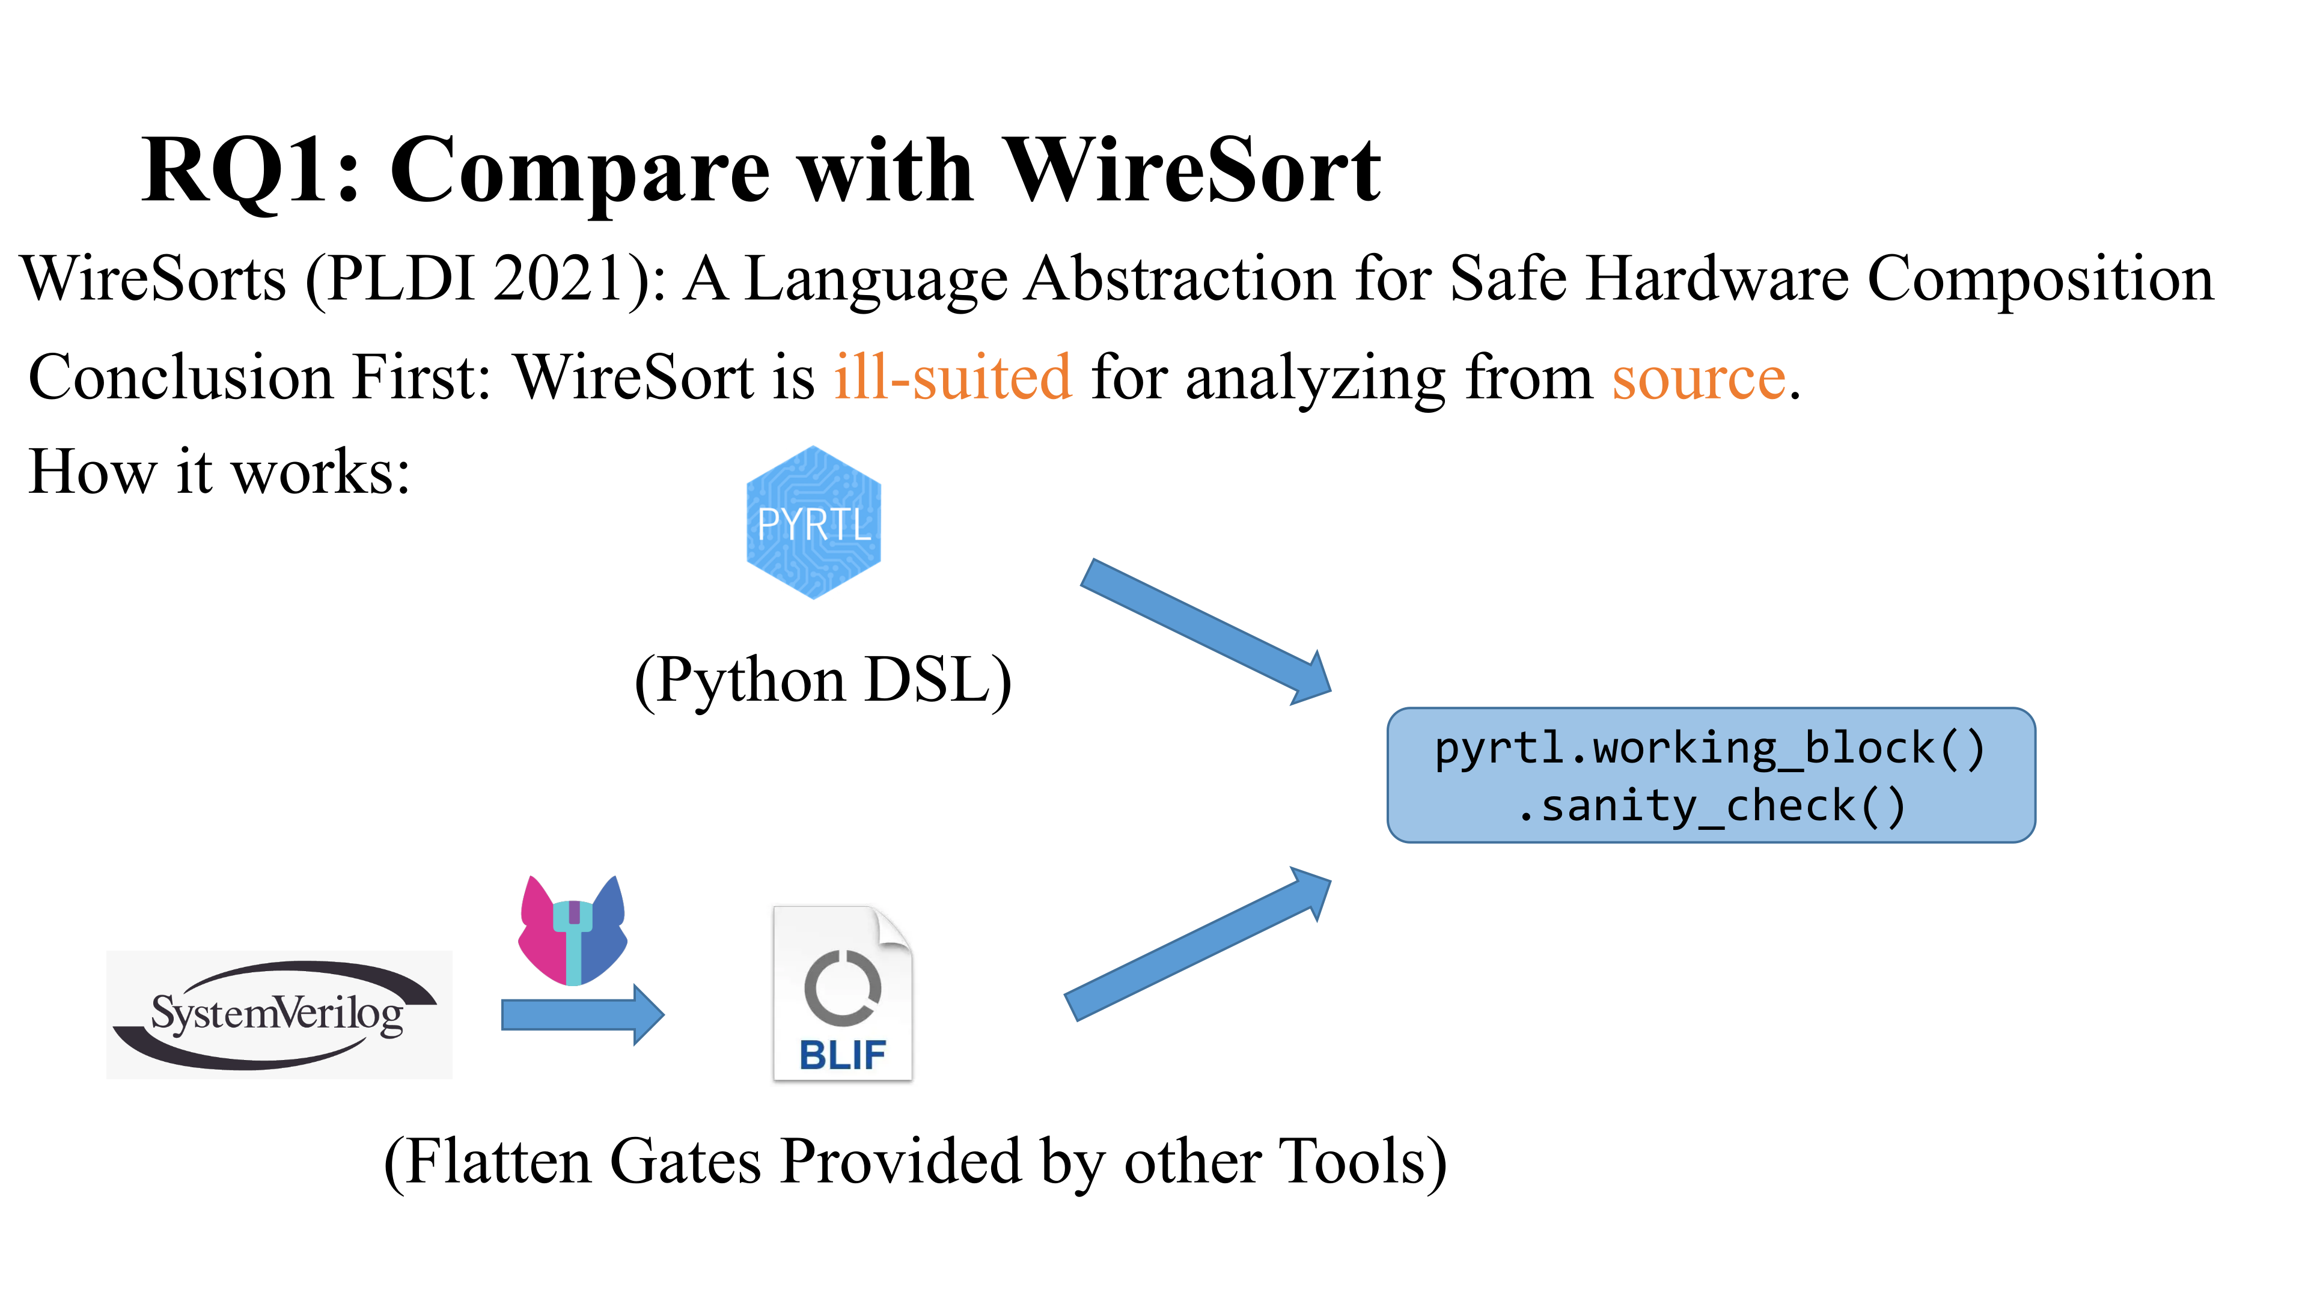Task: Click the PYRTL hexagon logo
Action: coord(814,522)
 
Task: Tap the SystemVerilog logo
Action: coord(279,1014)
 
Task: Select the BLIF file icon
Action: coord(842,993)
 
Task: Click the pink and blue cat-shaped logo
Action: coord(573,930)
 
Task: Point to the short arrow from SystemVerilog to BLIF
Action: coord(582,1015)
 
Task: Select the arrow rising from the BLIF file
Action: coord(1198,943)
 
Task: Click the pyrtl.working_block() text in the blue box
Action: coord(1711,748)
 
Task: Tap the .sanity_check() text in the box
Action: coord(1711,805)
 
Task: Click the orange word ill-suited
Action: coord(953,377)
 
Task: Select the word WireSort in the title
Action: coord(1192,170)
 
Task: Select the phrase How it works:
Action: coord(219,472)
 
